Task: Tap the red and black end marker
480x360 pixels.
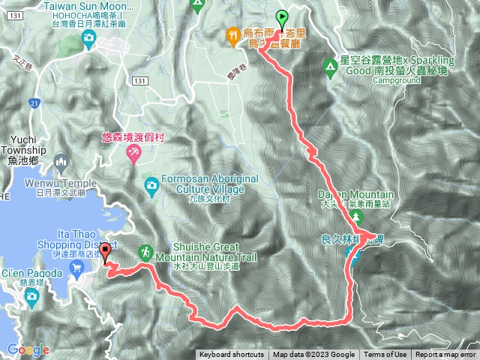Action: (x=105, y=252)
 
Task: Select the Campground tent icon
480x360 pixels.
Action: (x=329, y=67)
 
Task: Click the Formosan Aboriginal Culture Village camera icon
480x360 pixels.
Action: (x=151, y=183)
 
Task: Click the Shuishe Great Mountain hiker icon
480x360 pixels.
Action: (x=142, y=254)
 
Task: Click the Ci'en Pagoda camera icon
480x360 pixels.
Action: (x=31, y=296)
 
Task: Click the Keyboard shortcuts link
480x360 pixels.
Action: (x=232, y=355)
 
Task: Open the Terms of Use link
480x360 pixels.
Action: (x=385, y=355)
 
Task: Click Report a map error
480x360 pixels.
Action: (x=445, y=355)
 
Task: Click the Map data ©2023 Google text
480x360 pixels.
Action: (x=313, y=355)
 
